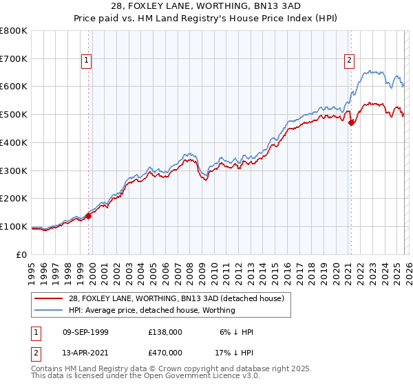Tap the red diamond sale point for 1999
point(88,215)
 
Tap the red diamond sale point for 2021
point(351,123)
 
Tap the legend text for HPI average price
point(151,310)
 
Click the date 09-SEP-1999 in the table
point(85,332)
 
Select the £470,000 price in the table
point(165,352)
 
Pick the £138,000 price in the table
point(165,332)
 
